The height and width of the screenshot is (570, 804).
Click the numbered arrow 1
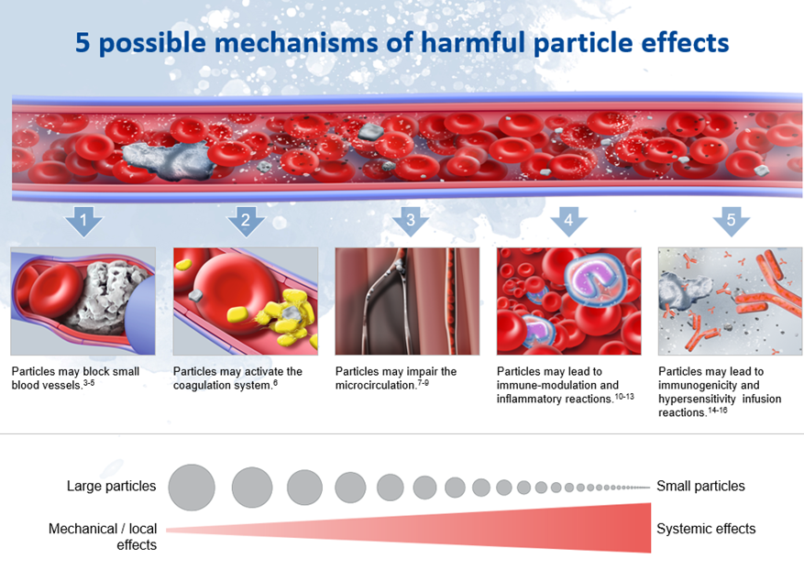(85, 221)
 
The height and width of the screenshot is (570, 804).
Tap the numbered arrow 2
(246, 221)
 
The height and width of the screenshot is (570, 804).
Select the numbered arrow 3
(410, 221)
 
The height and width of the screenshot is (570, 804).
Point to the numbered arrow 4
(568, 221)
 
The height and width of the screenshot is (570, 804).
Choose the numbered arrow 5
(731, 221)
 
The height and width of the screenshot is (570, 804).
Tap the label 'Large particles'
(111, 486)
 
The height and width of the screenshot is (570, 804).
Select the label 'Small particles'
(700, 486)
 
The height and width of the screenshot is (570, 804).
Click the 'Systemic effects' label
(706, 529)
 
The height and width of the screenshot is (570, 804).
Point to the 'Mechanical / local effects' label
(103, 536)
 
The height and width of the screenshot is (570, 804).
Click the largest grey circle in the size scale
(192, 487)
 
